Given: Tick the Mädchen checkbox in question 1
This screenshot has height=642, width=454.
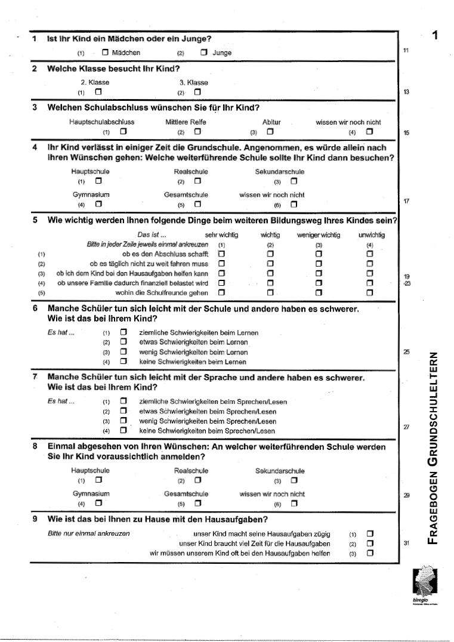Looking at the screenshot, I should click(106, 53).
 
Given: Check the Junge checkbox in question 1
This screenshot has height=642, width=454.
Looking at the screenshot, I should click(204, 53).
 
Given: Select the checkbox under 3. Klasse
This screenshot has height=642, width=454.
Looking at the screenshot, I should click(197, 92).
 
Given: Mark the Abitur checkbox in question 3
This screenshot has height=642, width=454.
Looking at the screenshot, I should click(270, 131).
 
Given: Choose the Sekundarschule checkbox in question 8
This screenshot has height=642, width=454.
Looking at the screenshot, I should click(294, 480).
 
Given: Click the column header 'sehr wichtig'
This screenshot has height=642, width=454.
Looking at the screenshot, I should click(221, 235).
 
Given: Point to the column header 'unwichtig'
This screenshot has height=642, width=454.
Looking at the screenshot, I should click(372, 235).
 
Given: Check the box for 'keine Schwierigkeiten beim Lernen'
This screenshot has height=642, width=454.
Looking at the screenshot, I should click(123, 361).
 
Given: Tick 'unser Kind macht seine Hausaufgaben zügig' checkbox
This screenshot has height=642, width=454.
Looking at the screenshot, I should click(370, 533).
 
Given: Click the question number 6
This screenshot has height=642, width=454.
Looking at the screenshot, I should click(35, 310).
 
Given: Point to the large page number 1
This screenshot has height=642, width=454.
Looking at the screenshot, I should click(436, 35).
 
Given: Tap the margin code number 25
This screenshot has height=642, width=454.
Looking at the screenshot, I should click(406, 353).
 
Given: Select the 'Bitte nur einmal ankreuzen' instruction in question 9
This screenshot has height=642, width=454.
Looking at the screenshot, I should click(88, 533).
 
